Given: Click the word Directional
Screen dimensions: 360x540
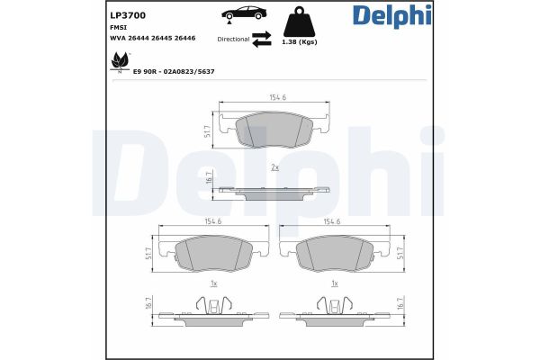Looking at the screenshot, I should click(x=233, y=40).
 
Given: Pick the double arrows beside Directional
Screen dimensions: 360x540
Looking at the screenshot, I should click(x=262, y=40).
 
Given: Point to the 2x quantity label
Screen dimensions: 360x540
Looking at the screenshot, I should click(x=274, y=167).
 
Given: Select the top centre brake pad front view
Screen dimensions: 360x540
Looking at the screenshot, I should click(x=273, y=131).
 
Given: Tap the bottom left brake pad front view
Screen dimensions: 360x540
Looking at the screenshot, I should click(x=212, y=256).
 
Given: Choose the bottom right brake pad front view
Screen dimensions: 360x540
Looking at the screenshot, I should click(x=332, y=256).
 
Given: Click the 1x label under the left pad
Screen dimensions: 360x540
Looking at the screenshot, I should click(x=212, y=284).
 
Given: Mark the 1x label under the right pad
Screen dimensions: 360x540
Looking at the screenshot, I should click(x=334, y=284).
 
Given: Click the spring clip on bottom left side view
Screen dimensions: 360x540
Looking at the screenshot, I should click(x=212, y=309).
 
